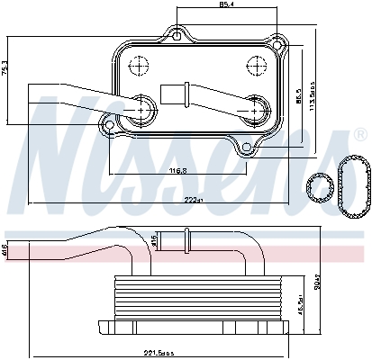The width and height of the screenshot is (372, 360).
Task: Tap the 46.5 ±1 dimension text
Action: pos(299,307)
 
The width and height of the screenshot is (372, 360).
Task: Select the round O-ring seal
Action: pos(316,188)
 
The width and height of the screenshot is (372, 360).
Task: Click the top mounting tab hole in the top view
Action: pos(179,37)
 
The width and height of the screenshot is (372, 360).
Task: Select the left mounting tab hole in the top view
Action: pos(110,123)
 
